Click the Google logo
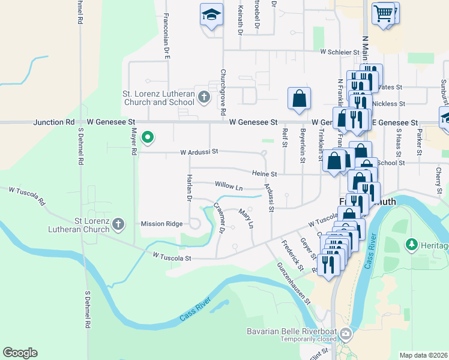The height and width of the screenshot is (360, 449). click(20, 353)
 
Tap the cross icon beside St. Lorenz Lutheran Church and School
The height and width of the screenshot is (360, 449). click(204, 97)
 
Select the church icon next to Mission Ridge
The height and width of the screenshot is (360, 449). click(118, 224)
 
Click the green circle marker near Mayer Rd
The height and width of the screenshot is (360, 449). click(147, 139)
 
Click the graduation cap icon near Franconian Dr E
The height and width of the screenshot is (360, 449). click(211, 16)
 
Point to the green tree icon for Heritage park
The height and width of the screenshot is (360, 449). click(412, 244)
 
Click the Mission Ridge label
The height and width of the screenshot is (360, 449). click(161, 224)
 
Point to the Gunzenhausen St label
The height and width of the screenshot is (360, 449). click(294, 283)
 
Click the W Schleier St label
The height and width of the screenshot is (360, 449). click(339, 52)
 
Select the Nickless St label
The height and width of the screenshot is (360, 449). click(384, 104)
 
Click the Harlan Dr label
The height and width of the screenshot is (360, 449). click(188, 187)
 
